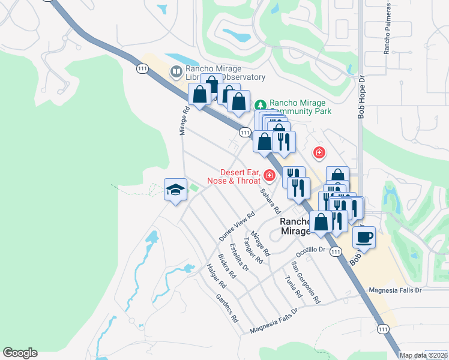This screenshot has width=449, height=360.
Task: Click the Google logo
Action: pos(20,353)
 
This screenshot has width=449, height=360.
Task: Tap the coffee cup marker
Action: pos(364,236)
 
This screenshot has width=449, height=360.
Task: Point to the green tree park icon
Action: pos(260,103)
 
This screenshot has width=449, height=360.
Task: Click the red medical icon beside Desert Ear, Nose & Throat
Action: pos(270,176)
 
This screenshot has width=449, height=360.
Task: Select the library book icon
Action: pos(176,72)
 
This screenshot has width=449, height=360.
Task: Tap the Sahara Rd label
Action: pos(270,201)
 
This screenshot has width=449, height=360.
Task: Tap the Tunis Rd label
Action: pos(294,286)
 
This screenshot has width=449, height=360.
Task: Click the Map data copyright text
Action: pos(423,355)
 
